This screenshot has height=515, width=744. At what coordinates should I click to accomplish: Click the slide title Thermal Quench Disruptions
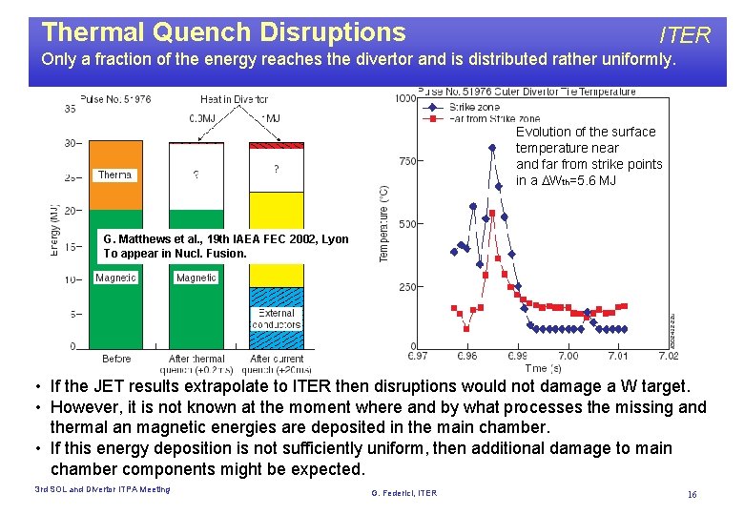223,32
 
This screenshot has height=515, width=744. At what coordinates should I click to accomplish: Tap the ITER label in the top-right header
685,36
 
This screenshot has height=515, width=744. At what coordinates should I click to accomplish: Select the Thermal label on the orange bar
114,175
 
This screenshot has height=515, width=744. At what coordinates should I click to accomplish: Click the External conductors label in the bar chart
277,319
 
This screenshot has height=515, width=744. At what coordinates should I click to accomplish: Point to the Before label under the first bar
116,360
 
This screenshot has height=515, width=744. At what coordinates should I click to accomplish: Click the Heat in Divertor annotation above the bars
234,99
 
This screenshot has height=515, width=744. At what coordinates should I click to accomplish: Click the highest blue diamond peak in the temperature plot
492,148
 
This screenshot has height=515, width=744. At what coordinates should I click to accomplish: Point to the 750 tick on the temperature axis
407,161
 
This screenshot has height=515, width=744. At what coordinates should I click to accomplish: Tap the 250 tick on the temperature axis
407,287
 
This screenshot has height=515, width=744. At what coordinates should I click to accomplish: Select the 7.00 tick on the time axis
568,357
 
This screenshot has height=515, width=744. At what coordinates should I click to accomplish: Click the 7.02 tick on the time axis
669,357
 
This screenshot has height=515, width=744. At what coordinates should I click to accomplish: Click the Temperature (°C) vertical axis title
384,224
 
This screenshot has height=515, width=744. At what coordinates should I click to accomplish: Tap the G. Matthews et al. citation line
226,239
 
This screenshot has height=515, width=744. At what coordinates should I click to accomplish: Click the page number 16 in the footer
692,494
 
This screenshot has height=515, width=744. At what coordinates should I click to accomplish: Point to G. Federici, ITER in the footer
403,493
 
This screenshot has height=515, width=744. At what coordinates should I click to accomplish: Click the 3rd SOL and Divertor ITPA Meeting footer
102,489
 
